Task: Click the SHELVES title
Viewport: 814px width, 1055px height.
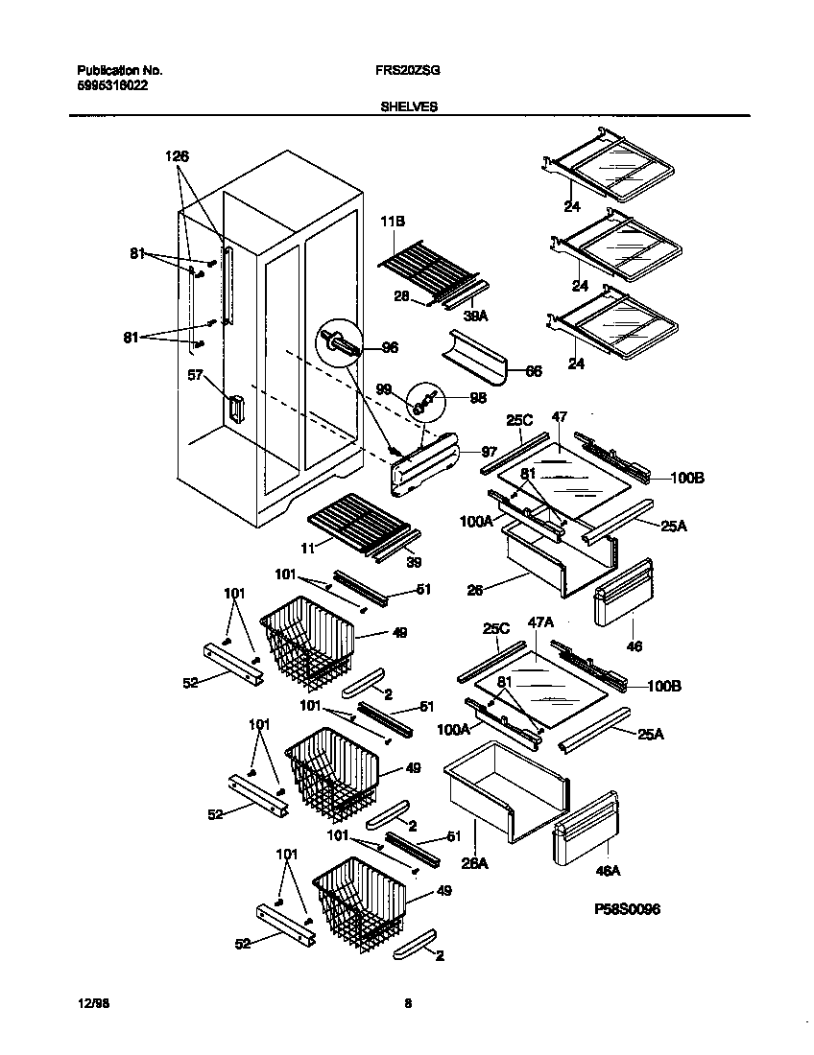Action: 408,107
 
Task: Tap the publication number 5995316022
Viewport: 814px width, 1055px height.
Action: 112,84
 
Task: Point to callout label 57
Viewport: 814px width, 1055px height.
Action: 196,378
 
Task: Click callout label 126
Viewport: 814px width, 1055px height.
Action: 178,156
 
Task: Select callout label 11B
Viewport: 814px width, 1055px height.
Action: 394,221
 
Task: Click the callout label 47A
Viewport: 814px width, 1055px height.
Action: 541,622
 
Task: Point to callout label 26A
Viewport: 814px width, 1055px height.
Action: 475,863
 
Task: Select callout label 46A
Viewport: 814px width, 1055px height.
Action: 607,871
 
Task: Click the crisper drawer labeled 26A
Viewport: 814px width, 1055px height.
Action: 504,791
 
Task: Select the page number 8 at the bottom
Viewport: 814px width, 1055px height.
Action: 408,1003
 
